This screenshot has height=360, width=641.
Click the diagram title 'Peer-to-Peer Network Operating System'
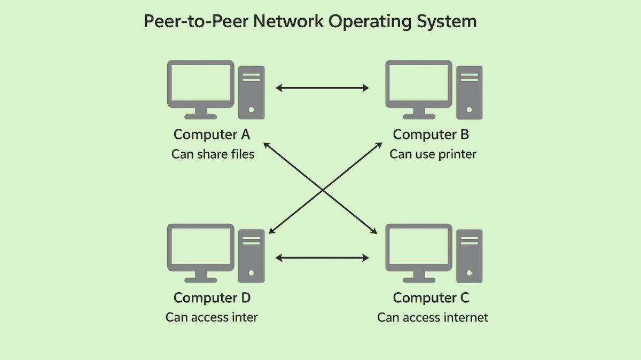point(310,22)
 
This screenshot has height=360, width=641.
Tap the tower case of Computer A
point(251,92)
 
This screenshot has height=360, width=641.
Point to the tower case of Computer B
point(469,92)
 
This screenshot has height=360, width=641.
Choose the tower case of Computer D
point(251,256)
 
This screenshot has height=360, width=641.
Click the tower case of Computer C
point(469,256)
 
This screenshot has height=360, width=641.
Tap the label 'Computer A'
point(212,134)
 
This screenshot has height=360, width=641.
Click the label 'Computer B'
point(431,134)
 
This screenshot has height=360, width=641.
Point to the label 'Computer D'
point(212,298)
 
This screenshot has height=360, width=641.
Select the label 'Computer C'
point(431,298)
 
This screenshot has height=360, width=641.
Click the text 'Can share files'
point(213,154)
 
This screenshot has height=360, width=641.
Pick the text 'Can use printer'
point(433,154)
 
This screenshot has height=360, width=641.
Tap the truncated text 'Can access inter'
point(212,317)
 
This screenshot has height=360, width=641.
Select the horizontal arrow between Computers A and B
point(322,88)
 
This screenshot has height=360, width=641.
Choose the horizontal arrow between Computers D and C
point(322,258)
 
